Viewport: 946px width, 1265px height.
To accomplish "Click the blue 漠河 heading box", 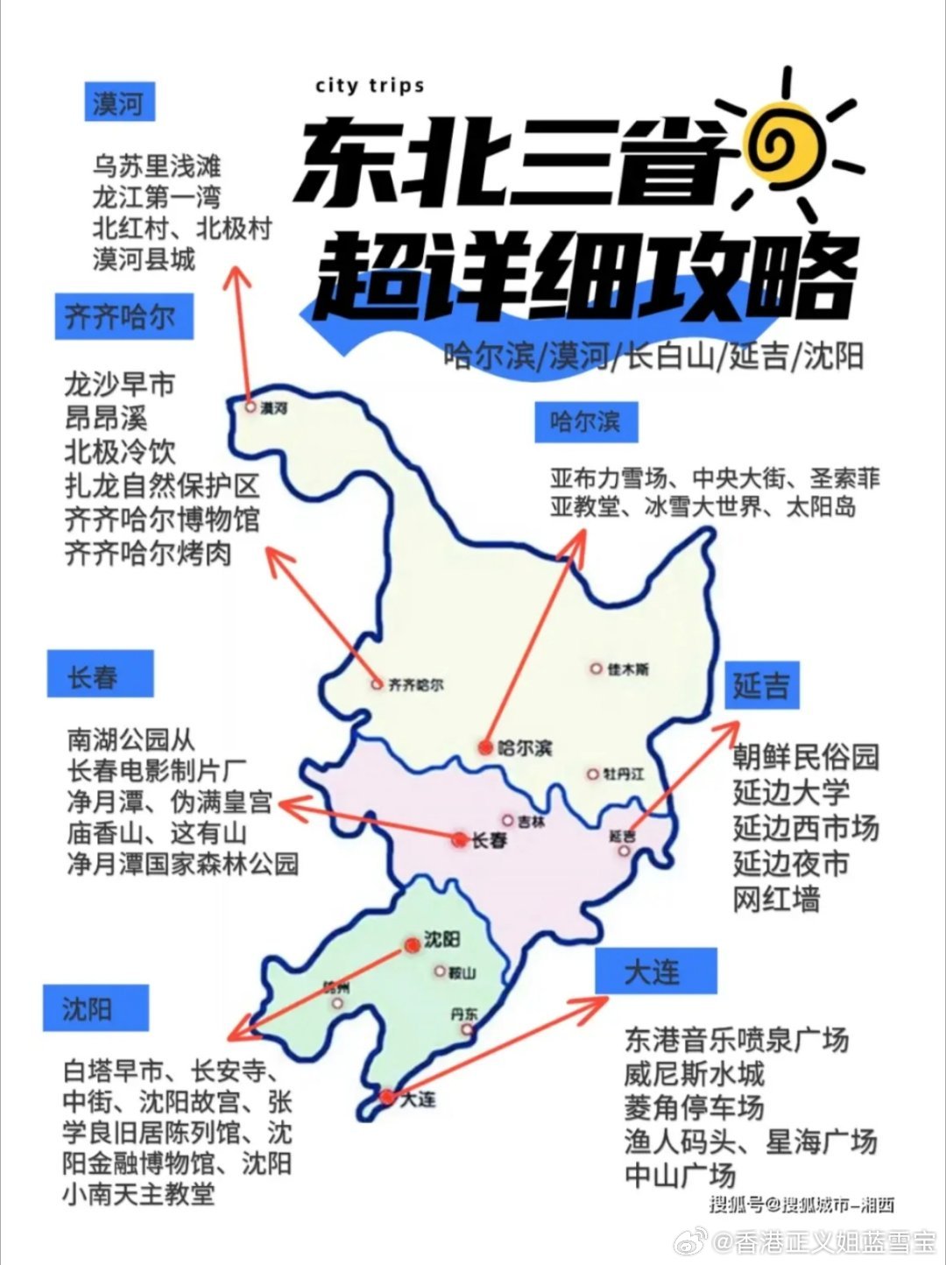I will [119, 103].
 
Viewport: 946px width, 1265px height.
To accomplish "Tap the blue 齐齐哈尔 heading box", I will [121, 317].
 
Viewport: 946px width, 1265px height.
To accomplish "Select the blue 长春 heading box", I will [99, 675].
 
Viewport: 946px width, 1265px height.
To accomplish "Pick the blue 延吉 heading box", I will [761, 685].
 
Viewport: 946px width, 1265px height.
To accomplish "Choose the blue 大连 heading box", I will [653, 971].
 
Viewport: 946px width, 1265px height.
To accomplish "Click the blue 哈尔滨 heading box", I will [585, 421].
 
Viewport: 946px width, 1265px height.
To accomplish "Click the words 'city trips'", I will [370, 86].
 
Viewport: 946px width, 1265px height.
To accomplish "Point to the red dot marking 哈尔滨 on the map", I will [485, 747].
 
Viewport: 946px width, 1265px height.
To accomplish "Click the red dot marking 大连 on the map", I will [386, 1096].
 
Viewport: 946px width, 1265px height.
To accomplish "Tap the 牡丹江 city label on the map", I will [623, 774].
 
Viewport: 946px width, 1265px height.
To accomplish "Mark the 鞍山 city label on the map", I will [462, 972].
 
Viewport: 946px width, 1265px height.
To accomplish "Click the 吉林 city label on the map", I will [531, 822].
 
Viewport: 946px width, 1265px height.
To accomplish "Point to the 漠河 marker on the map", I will [251, 407].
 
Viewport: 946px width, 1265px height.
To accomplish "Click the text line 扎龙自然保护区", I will [162, 485].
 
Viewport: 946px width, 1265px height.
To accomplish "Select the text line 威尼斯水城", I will [694, 1073].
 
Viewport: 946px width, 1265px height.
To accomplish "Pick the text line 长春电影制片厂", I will [157, 770].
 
